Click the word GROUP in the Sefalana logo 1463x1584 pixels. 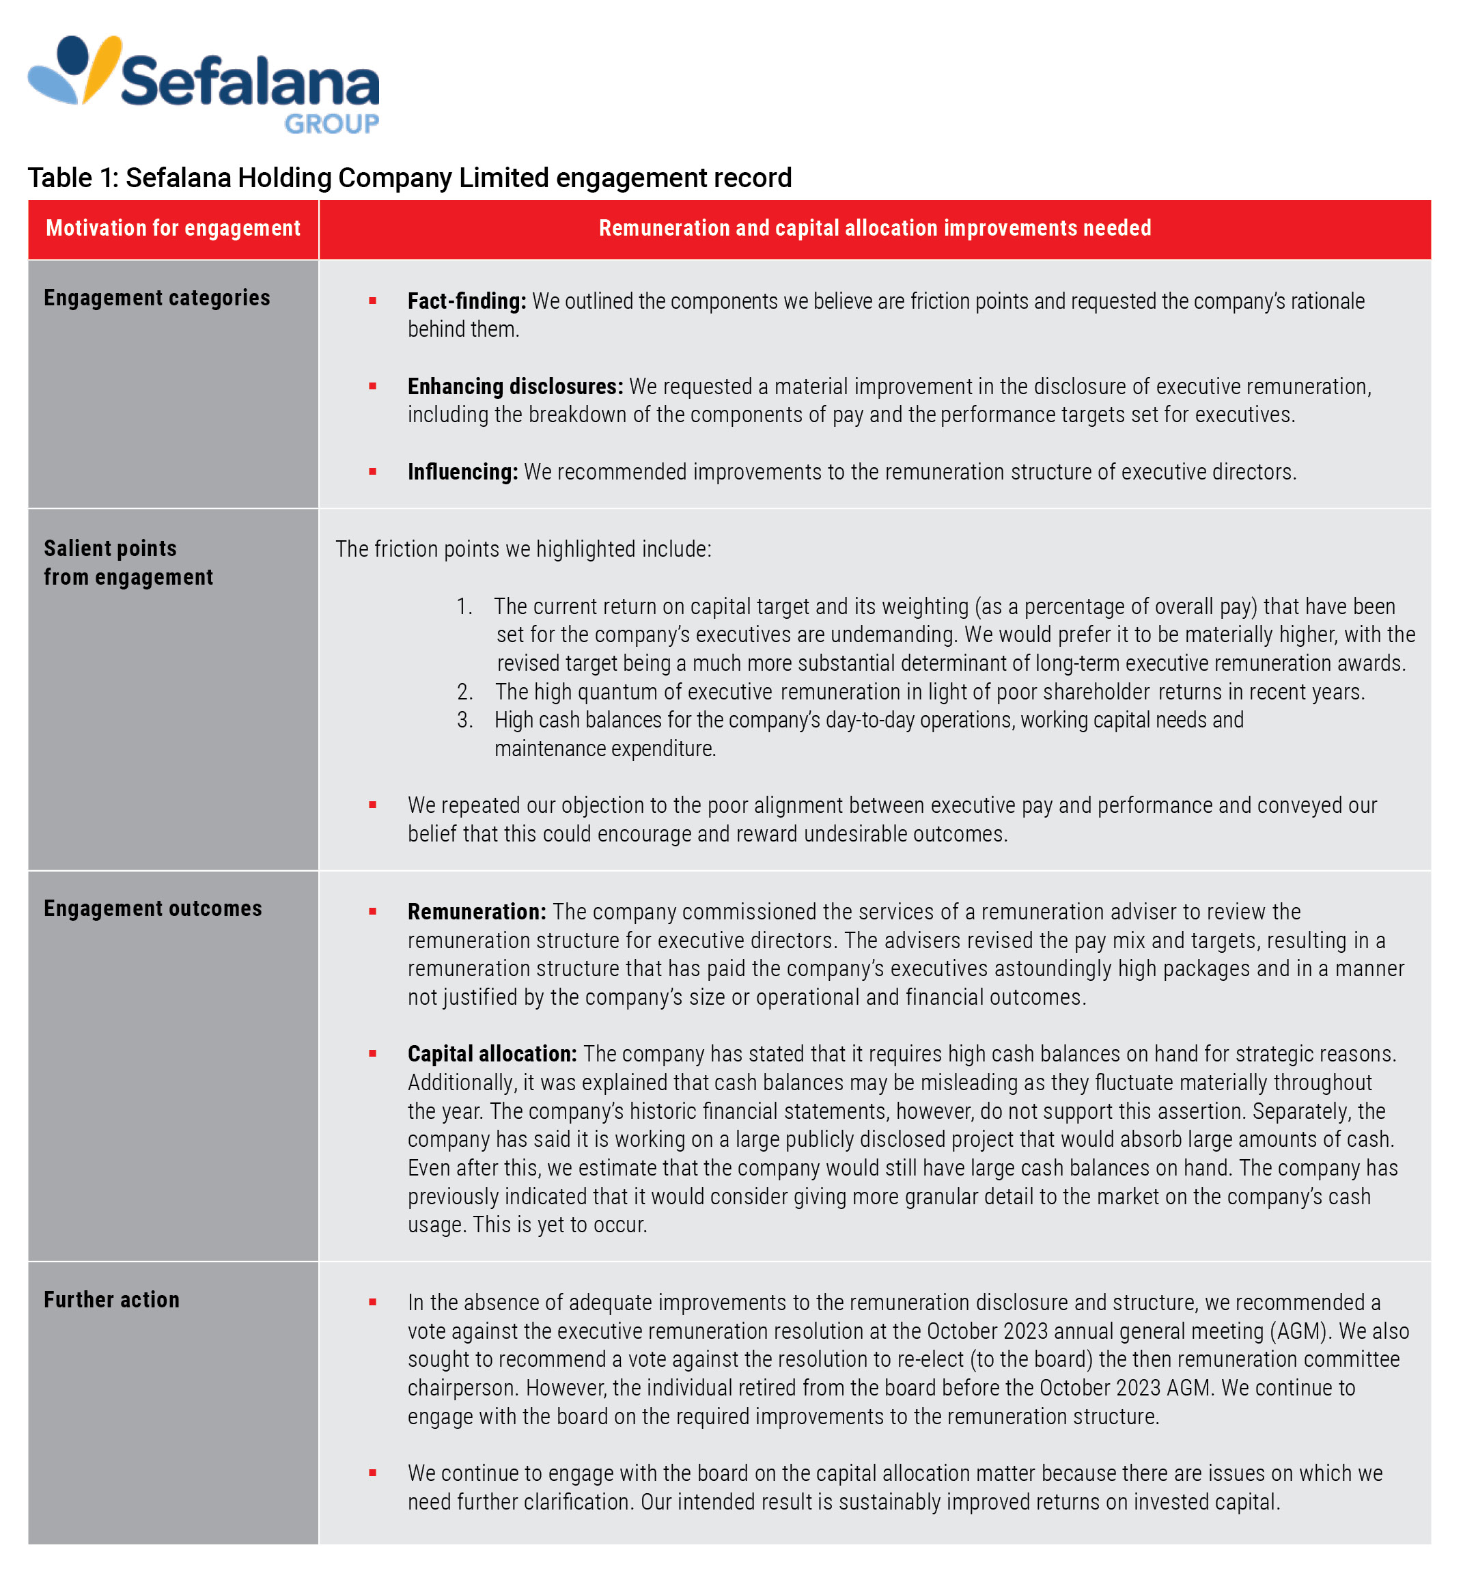coord(332,124)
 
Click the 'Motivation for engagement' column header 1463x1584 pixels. coord(173,229)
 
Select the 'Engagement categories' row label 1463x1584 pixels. coord(157,298)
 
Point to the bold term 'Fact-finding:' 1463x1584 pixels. coord(466,302)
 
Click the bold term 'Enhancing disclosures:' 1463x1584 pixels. coord(514,387)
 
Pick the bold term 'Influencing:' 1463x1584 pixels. coord(462,473)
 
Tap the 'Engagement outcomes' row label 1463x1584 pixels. coord(153,908)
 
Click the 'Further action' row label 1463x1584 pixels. coord(111,1300)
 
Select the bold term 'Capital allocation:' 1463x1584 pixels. coord(492,1055)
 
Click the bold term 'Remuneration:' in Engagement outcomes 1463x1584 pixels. coord(477,912)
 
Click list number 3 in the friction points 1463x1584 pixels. coord(464,721)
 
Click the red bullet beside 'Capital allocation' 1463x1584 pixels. coord(372,1055)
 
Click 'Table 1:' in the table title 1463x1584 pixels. coord(73,178)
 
